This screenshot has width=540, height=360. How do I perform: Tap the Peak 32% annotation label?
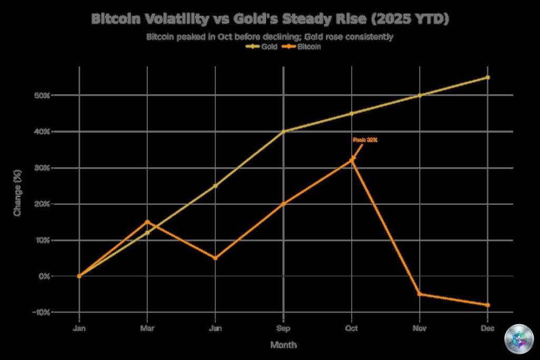coord(365,140)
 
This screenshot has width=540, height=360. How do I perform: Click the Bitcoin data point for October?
coord(352,159)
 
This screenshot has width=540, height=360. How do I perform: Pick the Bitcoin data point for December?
coord(488,305)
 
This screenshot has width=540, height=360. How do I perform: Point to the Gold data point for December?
coord(488,77)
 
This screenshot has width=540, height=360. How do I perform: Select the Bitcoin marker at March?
coord(148,222)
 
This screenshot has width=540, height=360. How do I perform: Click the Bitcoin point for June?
coord(216,258)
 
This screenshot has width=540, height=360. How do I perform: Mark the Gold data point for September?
coord(284,131)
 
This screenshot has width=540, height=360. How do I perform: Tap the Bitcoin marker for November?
coord(420,294)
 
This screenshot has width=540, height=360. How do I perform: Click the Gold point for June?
coord(216,186)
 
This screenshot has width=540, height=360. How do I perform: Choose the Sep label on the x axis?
coord(284,328)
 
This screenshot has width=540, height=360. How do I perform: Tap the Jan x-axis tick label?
coord(80,328)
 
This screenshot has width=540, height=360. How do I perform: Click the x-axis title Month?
coord(283,345)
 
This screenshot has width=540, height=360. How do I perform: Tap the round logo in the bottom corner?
coord(518,338)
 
